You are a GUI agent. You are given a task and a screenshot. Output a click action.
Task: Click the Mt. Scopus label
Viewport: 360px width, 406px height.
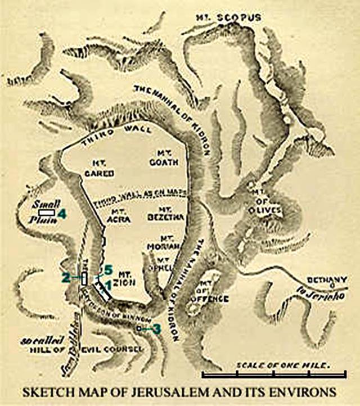[x=228, y=17]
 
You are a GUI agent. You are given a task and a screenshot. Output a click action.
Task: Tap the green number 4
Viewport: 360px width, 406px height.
[x=62, y=214]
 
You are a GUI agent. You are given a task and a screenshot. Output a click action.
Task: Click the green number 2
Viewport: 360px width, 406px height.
[x=66, y=277]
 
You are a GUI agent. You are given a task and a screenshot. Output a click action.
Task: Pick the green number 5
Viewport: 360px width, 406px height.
[x=108, y=268]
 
